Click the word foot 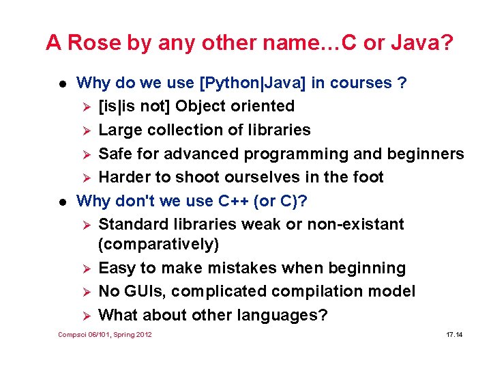pos(368,177)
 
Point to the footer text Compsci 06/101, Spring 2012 pos(105,335)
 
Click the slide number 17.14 pos(454,335)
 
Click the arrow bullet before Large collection pos(85,131)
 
